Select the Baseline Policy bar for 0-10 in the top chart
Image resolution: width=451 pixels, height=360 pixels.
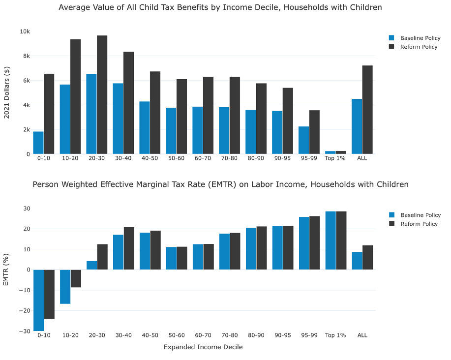38,143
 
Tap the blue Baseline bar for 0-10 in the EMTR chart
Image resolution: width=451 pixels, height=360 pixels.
38,300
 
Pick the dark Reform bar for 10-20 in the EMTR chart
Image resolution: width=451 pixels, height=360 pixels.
75,278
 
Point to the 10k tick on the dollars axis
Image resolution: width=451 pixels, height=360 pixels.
25,31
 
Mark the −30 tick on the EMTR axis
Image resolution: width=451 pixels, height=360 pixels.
23,331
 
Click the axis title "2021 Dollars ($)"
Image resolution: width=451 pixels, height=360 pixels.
7,92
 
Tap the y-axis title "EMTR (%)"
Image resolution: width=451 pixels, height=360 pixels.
7,270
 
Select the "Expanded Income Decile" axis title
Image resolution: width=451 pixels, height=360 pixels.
203,347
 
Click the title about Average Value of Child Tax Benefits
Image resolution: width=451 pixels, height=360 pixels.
220,7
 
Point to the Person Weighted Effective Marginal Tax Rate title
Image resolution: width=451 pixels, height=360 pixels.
220,184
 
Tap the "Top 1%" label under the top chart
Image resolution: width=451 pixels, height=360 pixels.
335,158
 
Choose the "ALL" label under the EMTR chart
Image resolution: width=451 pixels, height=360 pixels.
362,335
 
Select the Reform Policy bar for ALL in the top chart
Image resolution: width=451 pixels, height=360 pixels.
367,110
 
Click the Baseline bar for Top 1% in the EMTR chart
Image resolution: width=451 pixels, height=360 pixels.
330,240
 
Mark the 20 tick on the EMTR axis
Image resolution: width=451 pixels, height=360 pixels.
26,229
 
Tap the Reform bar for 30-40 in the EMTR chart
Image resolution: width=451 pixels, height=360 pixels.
129,248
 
